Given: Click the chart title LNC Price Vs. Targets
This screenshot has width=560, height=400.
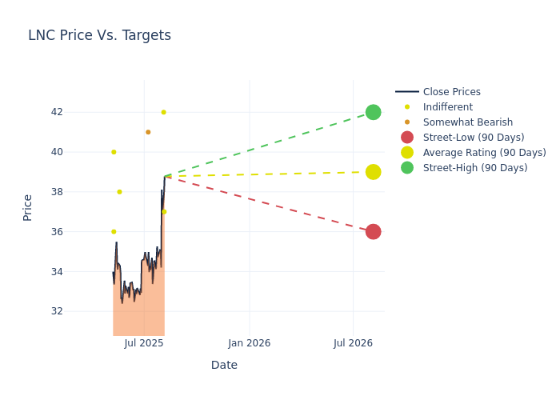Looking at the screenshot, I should (x=99, y=35).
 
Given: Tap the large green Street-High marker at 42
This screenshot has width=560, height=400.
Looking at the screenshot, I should (x=373, y=112).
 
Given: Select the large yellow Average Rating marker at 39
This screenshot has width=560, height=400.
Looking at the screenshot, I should (x=373, y=172).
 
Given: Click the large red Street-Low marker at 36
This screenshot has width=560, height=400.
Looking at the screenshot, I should (x=373, y=232).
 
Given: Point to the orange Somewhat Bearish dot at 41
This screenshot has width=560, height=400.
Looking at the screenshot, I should (x=148, y=132).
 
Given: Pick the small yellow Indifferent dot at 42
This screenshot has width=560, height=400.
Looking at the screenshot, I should (x=163, y=112).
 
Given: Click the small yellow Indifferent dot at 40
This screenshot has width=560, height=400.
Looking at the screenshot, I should (x=114, y=152).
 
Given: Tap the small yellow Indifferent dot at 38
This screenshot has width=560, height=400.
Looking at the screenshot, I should (x=119, y=192).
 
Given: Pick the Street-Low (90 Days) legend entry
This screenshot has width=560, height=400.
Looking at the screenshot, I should (x=473, y=138).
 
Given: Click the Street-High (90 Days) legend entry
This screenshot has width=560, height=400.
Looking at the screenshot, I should (x=474, y=168).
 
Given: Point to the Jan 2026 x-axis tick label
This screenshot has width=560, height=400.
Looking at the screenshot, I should (x=249, y=343).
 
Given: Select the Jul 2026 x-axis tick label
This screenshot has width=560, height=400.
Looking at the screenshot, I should (x=353, y=343).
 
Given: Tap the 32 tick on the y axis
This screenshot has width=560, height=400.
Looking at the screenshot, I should (x=56, y=311).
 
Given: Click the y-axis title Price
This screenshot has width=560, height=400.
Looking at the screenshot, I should (x=28, y=207).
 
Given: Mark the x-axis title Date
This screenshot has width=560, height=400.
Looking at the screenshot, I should (x=224, y=366).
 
